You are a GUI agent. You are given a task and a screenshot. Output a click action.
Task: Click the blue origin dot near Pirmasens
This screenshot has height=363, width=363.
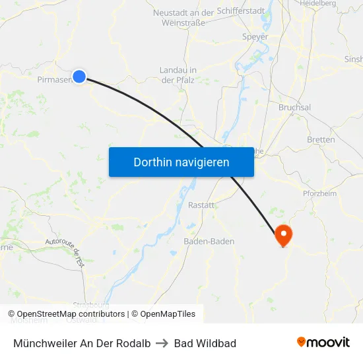tap(79, 77)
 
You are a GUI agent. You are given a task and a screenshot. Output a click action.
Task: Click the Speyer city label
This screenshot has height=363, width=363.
tap(255, 37)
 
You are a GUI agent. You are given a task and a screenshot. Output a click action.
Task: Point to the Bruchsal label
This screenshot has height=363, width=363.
tap(294, 107)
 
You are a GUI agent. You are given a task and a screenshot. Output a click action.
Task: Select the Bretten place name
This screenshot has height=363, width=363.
tap(321, 139)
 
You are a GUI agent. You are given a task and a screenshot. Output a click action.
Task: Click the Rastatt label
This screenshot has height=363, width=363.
tap(201, 205)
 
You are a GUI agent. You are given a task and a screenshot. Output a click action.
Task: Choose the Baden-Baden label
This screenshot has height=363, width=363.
tap(209, 242)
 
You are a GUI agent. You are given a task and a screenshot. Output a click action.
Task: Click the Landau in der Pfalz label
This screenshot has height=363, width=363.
tap(178, 75)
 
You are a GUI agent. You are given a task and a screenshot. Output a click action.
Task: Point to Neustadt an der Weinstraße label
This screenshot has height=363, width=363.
tap(183, 17)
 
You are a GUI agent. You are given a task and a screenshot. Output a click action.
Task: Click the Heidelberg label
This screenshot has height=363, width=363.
tap(317, 3)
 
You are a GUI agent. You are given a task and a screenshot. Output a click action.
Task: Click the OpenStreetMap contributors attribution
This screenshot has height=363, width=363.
tap(71, 314)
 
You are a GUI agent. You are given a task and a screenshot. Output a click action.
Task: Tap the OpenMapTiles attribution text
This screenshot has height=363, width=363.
tap(163, 314)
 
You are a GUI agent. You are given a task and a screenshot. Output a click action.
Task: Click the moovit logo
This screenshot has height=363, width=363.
tap(323, 342)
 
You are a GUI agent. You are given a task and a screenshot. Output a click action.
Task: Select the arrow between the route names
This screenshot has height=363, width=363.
tap(162, 343)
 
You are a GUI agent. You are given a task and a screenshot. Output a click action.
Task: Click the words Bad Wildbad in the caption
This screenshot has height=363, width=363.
tap(205, 343)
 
